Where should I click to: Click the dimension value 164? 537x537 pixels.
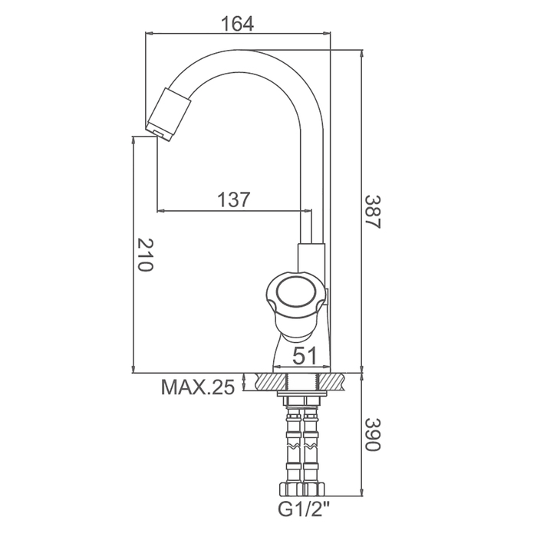[237, 23]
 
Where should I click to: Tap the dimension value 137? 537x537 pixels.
[234, 199]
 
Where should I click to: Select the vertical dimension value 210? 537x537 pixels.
[145, 255]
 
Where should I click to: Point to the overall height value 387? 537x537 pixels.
[372, 212]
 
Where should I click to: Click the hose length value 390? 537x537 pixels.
[372, 435]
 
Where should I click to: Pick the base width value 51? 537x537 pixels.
[305, 355]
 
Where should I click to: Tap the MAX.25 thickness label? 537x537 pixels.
[198, 387]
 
